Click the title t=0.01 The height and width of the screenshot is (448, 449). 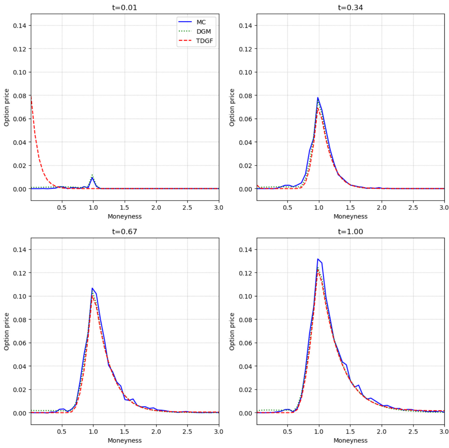coord(125,8)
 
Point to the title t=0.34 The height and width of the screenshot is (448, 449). coord(350,8)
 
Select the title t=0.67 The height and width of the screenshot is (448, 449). coord(125,232)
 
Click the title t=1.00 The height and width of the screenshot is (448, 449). coord(350,232)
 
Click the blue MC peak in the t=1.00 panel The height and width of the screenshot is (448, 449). coord(318,259)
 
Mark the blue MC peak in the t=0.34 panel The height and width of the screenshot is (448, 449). coord(318,97)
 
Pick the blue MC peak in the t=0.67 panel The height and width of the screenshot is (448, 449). coord(93,288)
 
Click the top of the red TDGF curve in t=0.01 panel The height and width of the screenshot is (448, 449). coord(31,96)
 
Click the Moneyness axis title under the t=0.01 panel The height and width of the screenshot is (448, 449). coord(125,216)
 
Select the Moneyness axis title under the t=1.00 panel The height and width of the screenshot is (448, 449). coord(350,440)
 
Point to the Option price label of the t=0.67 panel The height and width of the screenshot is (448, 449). coord(7,331)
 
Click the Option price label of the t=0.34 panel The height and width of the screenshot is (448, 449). coord(232,107)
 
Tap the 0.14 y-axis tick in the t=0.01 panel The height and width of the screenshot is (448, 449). coord(19,25)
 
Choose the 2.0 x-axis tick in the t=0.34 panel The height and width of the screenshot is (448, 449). coord(382,207)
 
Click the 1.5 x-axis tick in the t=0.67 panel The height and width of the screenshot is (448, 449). coord(125,431)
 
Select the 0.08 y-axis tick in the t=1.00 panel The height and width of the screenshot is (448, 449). coord(245,320)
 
